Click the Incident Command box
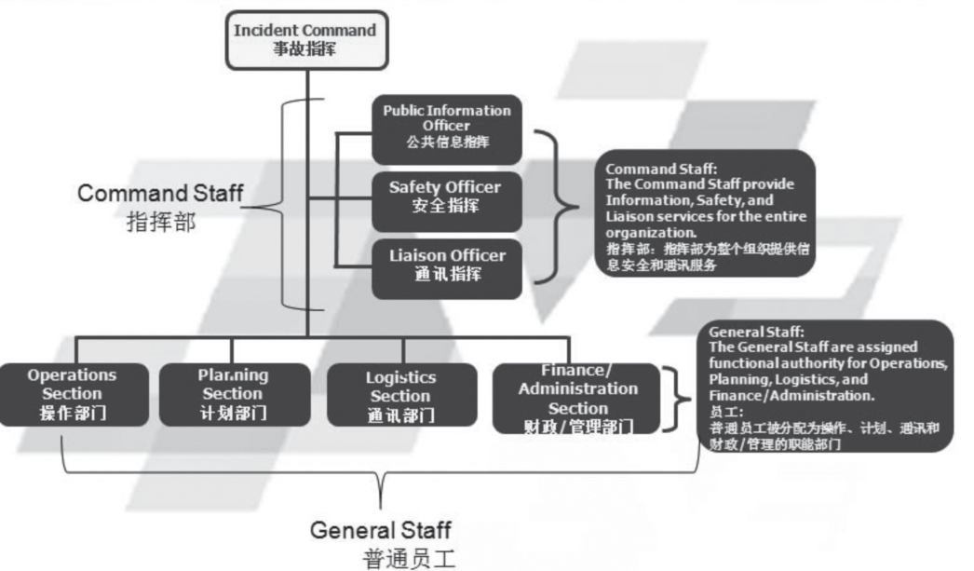(304, 39)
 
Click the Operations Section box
(73, 394)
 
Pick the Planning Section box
(232, 394)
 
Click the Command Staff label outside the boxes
(161, 194)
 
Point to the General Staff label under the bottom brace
(380, 531)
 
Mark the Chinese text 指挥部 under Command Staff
(161, 223)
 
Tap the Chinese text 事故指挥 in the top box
(304, 48)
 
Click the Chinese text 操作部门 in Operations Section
(73, 413)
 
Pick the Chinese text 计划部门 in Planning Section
(232, 413)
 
